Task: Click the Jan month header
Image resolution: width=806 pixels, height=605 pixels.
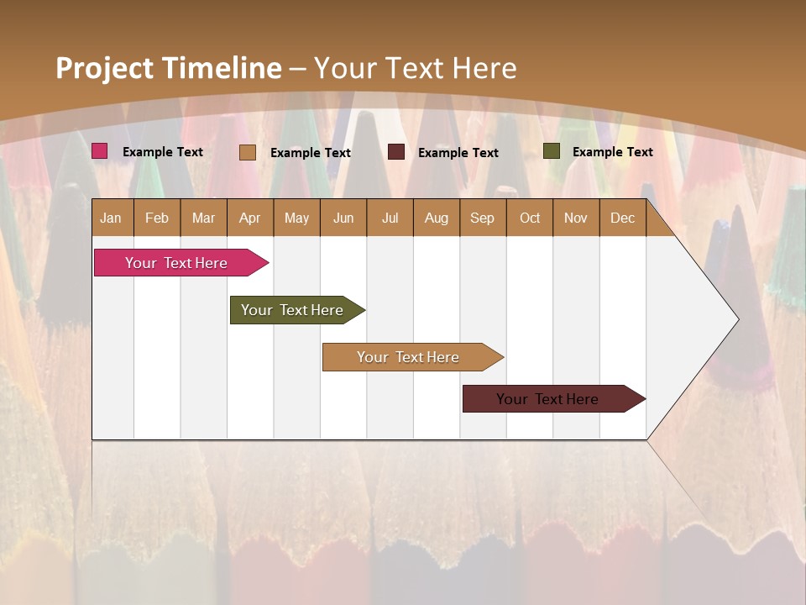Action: (x=111, y=218)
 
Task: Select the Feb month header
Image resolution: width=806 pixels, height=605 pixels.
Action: (x=157, y=218)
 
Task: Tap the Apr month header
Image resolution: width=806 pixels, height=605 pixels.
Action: (x=250, y=218)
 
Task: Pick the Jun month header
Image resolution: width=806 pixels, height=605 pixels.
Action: (x=343, y=218)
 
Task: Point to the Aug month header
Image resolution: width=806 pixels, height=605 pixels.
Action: (x=437, y=218)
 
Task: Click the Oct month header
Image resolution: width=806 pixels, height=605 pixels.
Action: (x=530, y=218)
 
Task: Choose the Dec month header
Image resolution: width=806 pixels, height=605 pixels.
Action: (x=623, y=218)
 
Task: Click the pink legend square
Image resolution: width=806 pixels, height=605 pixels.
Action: (x=100, y=151)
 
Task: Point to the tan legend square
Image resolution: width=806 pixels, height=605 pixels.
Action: (x=248, y=152)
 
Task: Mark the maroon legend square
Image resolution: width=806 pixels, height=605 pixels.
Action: (x=396, y=152)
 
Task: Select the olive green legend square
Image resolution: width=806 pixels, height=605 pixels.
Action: (x=552, y=151)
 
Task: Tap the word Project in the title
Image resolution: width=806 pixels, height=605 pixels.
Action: (x=103, y=68)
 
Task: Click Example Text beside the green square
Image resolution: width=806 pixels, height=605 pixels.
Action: (x=612, y=152)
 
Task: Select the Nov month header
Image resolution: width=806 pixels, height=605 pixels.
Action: (x=576, y=218)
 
